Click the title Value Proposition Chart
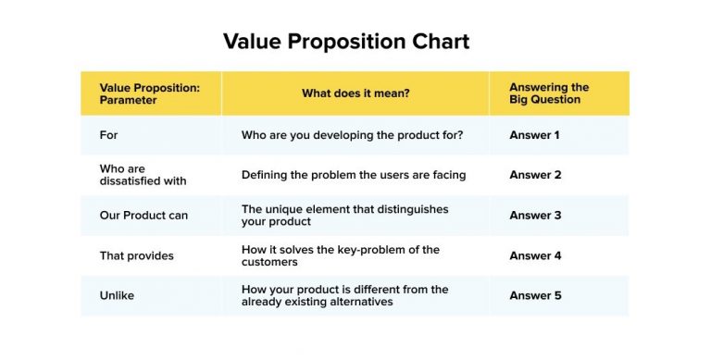click(x=346, y=42)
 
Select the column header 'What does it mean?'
click(x=355, y=93)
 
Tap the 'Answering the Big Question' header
click(x=549, y=93)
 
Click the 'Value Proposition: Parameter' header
click(x=149, y=93)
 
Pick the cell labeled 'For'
click(x=108, y=135)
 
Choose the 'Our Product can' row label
click(x=143, y=216)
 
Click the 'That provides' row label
click(x=136, y=255)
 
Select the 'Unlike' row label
click(x=116, y=296)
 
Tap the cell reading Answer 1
click(x=535, y=135)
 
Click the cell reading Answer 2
click(x=535, y=175)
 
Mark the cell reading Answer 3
click(x=535, y=216)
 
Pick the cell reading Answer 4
click(x=535, y=255)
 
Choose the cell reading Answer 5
click(x=535, y=296)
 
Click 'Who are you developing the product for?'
click(x=352, y=135)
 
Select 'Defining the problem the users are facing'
click(x=353, y=175)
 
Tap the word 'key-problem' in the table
click(x=374, y=250)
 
